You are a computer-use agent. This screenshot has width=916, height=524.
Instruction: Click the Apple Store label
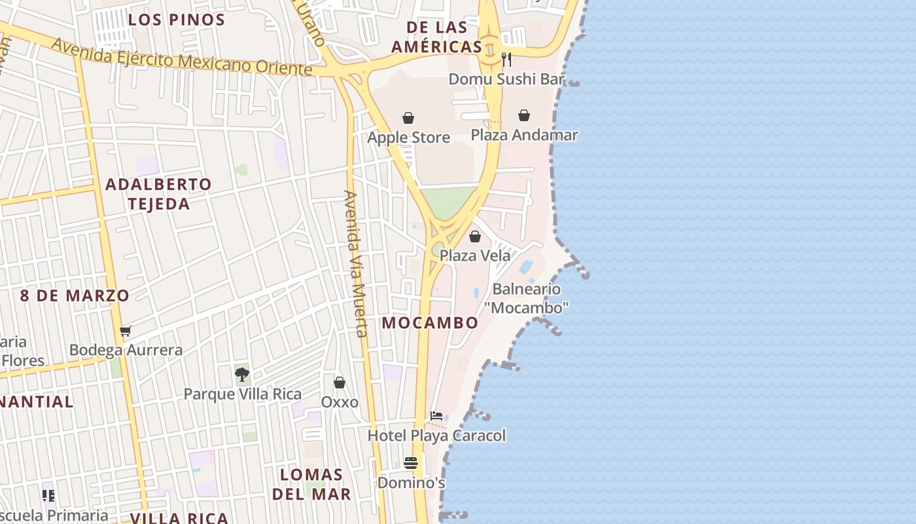[408, 138]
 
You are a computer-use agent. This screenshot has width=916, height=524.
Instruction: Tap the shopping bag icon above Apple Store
[408, 118]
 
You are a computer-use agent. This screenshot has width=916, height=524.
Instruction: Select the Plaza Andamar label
[525, 135]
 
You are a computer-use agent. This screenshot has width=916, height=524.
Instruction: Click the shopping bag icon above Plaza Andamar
[524, 115]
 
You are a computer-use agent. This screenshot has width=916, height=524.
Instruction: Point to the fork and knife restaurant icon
[506, 60]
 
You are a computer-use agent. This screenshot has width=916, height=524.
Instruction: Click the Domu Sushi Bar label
[506, 79]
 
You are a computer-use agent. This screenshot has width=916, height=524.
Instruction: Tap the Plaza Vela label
[475, 255]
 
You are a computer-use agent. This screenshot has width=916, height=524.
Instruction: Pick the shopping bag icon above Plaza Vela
[475, 236]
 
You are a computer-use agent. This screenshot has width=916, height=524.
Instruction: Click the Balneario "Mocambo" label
[527, 298]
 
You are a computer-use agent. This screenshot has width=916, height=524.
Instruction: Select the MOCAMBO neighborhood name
[430, 323]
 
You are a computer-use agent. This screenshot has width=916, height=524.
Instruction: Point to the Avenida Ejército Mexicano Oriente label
[182, 56]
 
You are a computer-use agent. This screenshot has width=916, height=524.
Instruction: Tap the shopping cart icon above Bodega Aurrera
[126, 331]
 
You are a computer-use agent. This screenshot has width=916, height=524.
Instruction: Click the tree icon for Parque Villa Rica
[242, 375]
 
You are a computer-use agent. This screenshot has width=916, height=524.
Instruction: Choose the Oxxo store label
[340, 402]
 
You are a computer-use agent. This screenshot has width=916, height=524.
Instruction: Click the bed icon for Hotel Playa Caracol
[436, 416]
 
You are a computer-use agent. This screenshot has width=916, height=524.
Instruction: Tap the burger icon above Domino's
[411, 463]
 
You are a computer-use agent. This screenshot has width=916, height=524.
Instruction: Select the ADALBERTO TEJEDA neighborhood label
[159, 194]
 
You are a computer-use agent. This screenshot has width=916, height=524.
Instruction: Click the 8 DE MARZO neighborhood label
[75, 295]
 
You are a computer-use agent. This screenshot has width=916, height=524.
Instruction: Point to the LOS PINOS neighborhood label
[176, 20]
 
